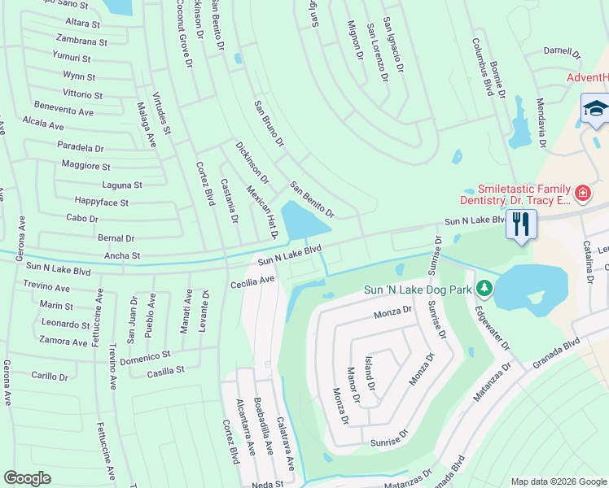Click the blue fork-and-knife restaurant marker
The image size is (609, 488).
point(521,224)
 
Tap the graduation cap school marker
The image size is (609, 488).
point(595,109)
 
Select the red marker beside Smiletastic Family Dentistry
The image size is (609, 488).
point(582,193)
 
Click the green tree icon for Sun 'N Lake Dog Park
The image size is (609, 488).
point(484,287)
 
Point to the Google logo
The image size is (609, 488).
point(28,478)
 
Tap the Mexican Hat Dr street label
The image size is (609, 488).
point(263,211)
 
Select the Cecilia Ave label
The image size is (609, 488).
point(252,281)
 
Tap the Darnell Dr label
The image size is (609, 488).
point(563,51)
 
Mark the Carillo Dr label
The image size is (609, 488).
point(50,377)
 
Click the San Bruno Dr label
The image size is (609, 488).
point(269,124)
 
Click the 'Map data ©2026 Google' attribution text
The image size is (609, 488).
point(559,481)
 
